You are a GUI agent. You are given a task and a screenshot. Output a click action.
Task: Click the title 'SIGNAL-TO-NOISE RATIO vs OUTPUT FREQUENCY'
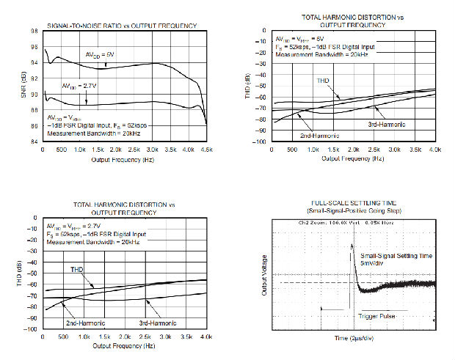(x=121, y=26)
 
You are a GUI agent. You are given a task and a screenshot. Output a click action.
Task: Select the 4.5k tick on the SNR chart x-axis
(x=208, y=150)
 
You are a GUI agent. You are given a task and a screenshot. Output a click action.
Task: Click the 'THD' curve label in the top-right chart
(x=324, y=80)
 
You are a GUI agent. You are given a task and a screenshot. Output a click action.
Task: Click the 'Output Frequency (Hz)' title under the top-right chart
(x=353, y=158)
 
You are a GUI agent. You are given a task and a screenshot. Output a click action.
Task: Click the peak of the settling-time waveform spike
(x=352, y=245)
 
